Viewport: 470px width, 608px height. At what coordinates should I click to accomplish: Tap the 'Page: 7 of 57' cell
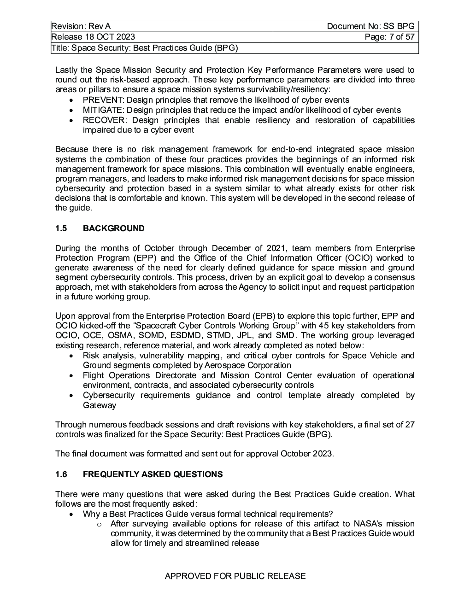click(x=389, y=37)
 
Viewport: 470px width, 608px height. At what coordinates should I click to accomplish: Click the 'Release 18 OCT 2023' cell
click(x=93, y=37)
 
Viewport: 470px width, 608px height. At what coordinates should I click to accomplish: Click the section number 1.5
click(x=61, y=228)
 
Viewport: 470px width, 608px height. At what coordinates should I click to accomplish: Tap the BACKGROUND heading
click(x=113, y=228)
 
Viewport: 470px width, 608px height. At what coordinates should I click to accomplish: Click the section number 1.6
click(x=61, y=474)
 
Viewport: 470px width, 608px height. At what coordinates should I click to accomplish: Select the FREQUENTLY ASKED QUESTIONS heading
click(x=153, y=474)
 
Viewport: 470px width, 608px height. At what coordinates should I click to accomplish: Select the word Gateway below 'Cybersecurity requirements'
click(x=100, y=405)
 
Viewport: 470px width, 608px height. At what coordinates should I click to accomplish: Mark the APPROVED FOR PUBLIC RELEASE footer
click(x=235, y=576)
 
